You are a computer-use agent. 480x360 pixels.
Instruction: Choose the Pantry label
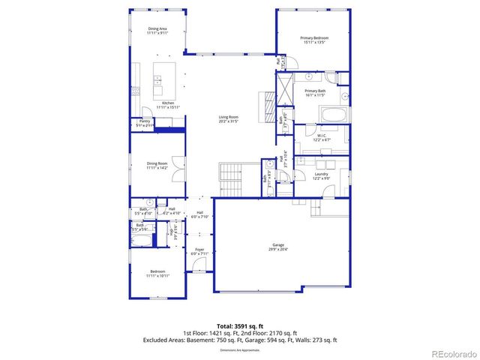[x=145, y=123]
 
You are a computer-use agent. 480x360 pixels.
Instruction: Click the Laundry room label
[x=322, y=175]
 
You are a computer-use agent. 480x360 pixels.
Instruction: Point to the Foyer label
[x=199, y=251]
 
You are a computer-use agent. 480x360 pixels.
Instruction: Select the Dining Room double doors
[x=177, y=169]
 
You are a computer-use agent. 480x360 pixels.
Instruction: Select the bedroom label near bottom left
[x=157, y=274]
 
